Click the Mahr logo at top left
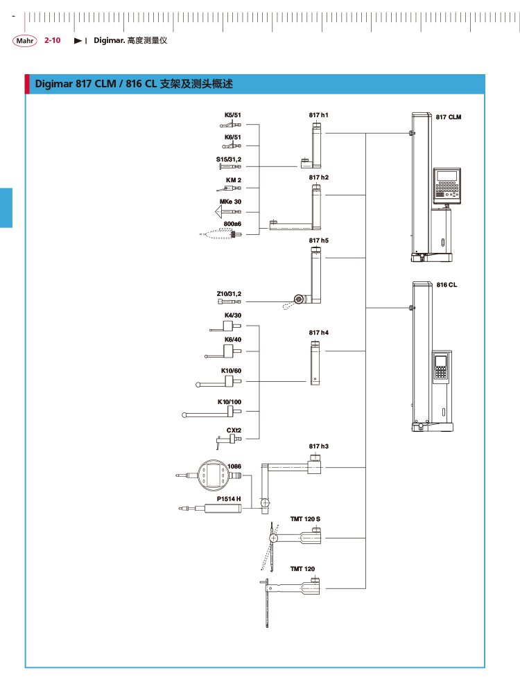coord(24,41)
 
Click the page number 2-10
coord(53,41)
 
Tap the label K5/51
coord(232,115)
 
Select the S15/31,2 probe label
coord(229,159)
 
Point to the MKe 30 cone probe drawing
coord(223,210)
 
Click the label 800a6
coord(232,224)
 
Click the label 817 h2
coord(319,177)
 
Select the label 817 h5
coord(319,240)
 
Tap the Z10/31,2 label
coord(229,294)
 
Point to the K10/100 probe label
coord(229,402)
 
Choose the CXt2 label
coord(234,430)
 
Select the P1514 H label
coord(229,498)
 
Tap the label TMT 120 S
coord(306,518)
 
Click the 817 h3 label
coord(319,446)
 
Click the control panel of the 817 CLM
coord(447,183)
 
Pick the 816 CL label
coord(447,285)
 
